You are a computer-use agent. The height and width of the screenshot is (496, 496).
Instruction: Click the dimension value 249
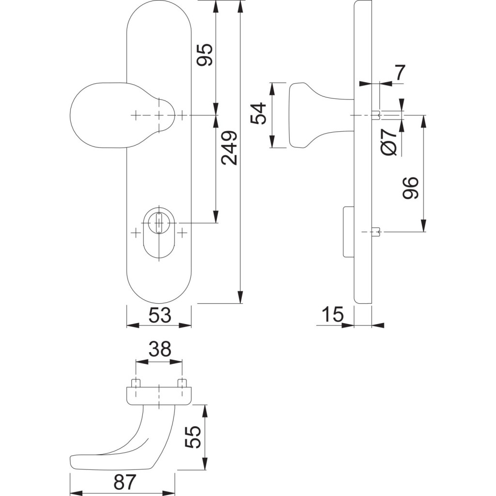pyautogui.click(x=229, y=148)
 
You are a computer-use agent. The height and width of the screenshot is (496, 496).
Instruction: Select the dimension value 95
pyautogui.click(x=204, y=55)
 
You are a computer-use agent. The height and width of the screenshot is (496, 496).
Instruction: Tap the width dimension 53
pyautogui.click(x=159, y=315)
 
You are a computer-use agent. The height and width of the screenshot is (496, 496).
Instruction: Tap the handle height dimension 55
pyautogui.click(x=193, y=437)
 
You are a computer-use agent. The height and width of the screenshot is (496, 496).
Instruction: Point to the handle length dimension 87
pyautogui.click(x=124, y=482)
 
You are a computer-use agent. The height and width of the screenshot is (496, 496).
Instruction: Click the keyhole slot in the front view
pyautogui.click(x=158, y=223)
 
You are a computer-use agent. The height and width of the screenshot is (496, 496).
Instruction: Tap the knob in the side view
pyautogui.click(x=310, y=115)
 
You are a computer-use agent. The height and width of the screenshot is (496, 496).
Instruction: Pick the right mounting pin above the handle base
pyautogui.click(x=182, y=383)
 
